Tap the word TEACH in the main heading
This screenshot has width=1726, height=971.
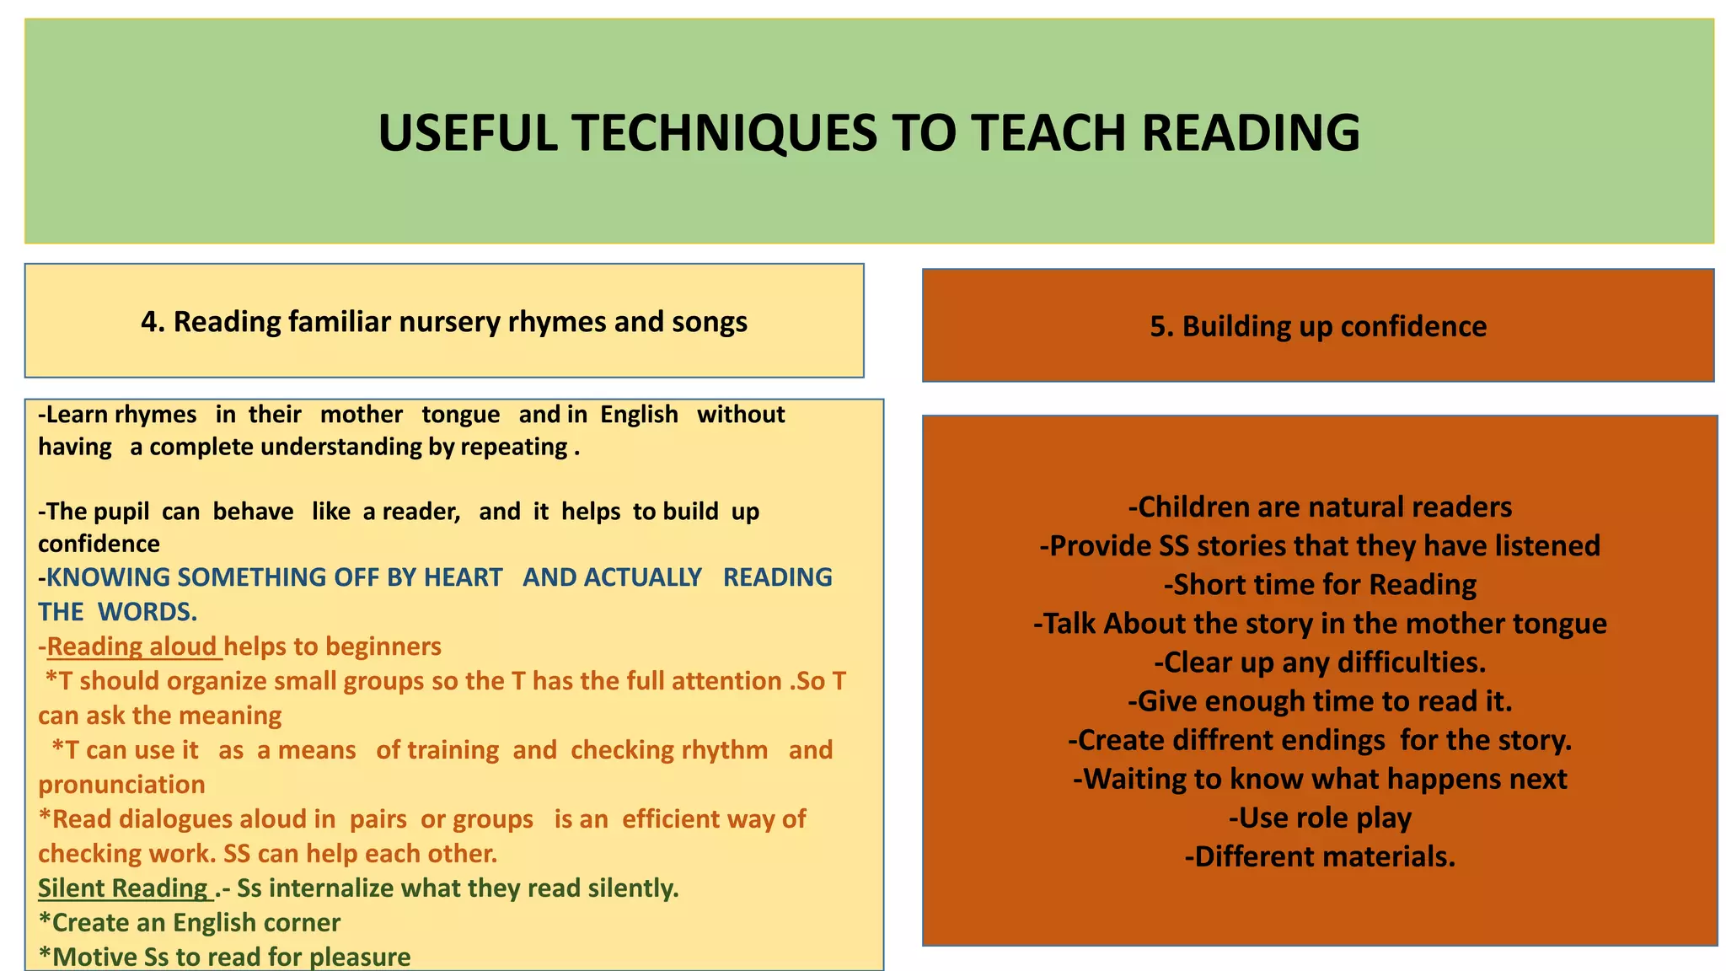click(1046, 133)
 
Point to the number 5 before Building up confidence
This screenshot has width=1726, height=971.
click(1158, 327)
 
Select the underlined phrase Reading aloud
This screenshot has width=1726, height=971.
click(132, 646)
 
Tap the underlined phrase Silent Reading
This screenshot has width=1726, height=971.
click(123, 888)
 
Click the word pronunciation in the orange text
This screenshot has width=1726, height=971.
click(121, 785)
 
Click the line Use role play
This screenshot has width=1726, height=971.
click(1320, 818)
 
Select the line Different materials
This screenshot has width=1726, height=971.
click(1320, 856)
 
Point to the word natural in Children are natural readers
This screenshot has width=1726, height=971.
click(1349, 507)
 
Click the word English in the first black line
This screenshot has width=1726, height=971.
click(639, 415)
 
